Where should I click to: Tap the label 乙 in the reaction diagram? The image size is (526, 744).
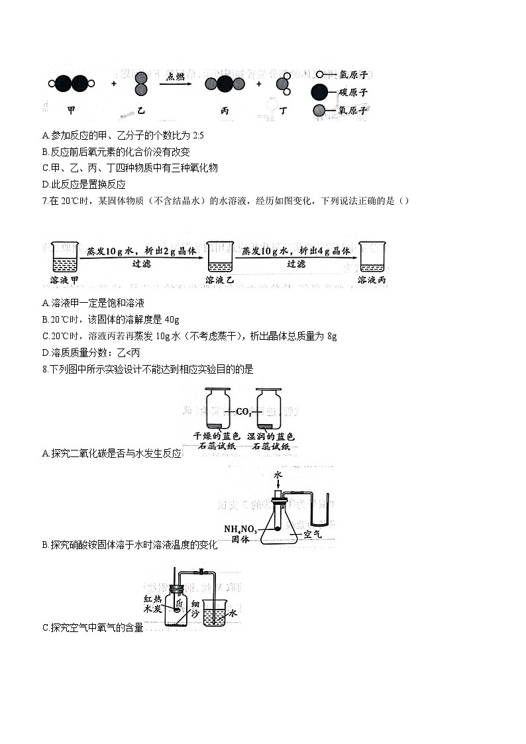click(141, 111)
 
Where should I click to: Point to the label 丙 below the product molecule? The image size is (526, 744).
click(225, 111)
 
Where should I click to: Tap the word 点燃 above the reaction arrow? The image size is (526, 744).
click(176, 76)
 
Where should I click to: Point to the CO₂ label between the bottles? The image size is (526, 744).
click(243, 411)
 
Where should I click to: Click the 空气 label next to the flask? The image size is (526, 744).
click(312, 533)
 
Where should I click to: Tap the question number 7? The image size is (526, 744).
click(44, 201)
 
